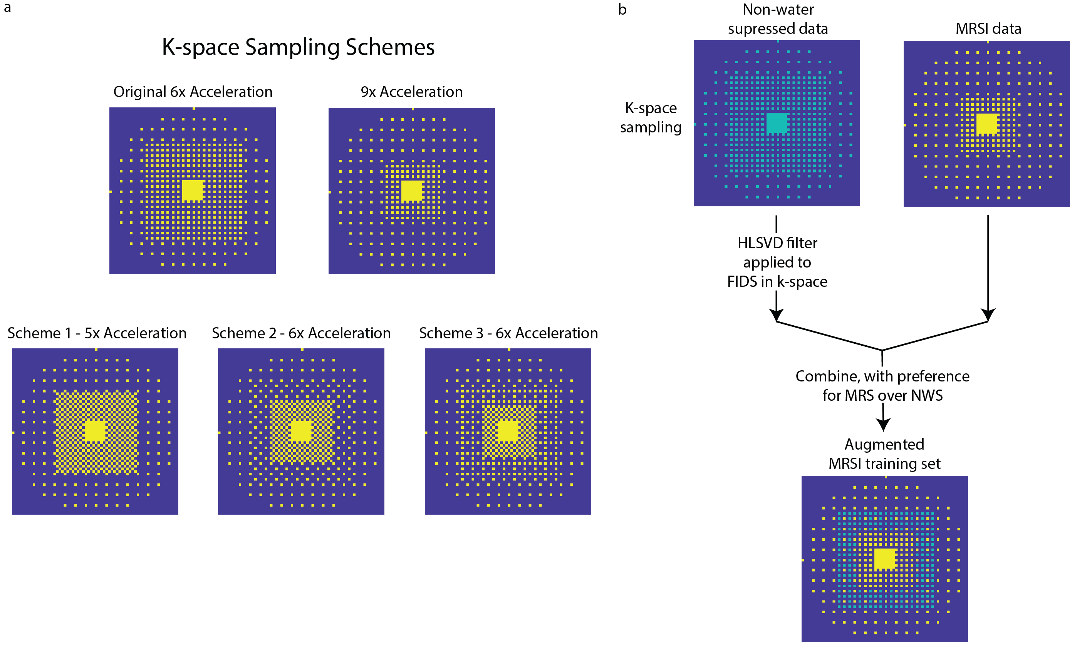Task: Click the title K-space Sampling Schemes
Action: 298,47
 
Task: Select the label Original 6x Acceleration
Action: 193,92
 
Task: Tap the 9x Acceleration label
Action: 412,92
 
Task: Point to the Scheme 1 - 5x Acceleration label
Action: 97,333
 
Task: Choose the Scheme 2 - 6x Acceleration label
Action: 302,333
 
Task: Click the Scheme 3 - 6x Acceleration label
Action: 508,333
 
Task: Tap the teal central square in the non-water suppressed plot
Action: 777,123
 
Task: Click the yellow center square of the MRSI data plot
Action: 987,124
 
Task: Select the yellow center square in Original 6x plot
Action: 193,191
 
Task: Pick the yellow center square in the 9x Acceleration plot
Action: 412,191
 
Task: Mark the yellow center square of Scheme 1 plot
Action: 95,432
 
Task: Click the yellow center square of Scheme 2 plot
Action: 301,432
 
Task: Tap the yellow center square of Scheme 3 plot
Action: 508,432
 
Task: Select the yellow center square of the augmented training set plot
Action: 885,559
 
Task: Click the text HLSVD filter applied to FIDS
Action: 778,262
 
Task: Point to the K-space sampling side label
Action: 651,118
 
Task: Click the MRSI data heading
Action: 988,29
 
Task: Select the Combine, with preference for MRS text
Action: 882,386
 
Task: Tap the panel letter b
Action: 622,10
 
